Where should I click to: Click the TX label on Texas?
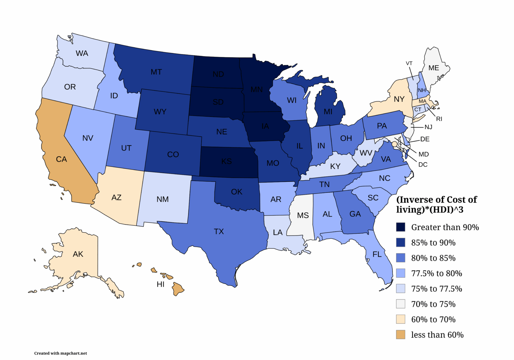coord(219,231)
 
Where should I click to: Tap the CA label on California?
coord(61,159)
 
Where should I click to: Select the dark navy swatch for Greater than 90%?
coord(401,227)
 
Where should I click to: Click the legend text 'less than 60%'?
coord(437,335)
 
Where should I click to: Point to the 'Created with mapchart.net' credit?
coord(61,353)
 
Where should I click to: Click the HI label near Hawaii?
coord(161,284)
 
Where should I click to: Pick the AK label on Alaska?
coord(78,254)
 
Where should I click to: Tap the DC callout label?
coord(423,165)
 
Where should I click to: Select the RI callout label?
coord(439,119)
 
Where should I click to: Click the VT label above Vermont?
coord(409,63)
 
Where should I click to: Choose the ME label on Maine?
coord(434,68)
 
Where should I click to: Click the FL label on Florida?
coord(377,255)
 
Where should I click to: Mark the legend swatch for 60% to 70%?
coord(401,319)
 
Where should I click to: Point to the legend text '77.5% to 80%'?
coord(436,273)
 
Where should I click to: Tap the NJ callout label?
coord(428,127)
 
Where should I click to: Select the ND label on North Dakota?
coord(218,74)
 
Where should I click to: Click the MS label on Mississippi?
coord(303,215)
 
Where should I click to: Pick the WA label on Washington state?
coord(82,54)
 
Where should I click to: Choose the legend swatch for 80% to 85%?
coord(401,258)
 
